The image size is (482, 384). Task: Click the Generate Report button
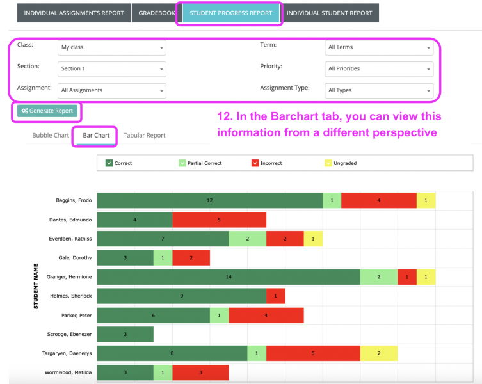pos(47,111)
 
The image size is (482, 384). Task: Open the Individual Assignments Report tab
pos(74,13)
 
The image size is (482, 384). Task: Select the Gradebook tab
pos(157,13)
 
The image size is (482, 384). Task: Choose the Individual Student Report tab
pos(329,13)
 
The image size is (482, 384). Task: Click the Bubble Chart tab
pos(51,135)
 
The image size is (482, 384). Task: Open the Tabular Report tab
pos(144,135)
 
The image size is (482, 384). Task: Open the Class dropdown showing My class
pos(112,47)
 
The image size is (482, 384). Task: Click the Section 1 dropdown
pos(112,69)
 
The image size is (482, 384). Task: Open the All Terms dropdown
pos(379,47)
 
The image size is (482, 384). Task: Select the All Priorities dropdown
pos(379,69)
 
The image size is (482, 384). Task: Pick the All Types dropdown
pos(379,90)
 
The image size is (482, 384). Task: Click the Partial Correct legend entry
pos(201,163)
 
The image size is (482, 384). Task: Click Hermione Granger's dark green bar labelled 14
pos(229,277)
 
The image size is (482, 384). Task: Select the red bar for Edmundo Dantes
pos(219,220)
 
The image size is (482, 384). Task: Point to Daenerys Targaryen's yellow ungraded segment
pos(378,353)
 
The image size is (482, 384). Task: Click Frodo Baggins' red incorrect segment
pos(378,200)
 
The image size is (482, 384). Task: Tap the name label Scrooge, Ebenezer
pos(70,334)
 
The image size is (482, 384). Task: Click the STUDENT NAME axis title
pos(36,286)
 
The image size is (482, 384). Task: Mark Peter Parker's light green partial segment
pos(219,315)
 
